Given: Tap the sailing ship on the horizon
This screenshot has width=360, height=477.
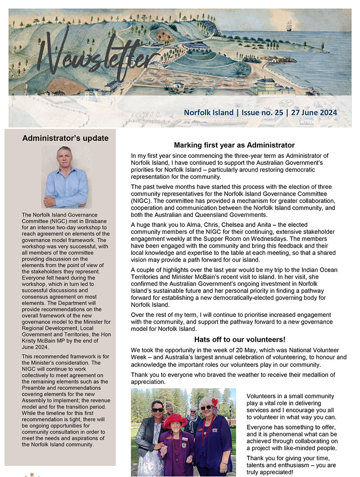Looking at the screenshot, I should point(289,27).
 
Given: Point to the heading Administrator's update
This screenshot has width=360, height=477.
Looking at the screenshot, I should point(65,138).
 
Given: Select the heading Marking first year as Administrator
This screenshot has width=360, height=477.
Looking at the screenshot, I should point(234,145).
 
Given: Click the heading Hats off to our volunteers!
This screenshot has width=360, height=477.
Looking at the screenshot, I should point(240,340).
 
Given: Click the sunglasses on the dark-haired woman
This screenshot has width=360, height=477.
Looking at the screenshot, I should point(158,410).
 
